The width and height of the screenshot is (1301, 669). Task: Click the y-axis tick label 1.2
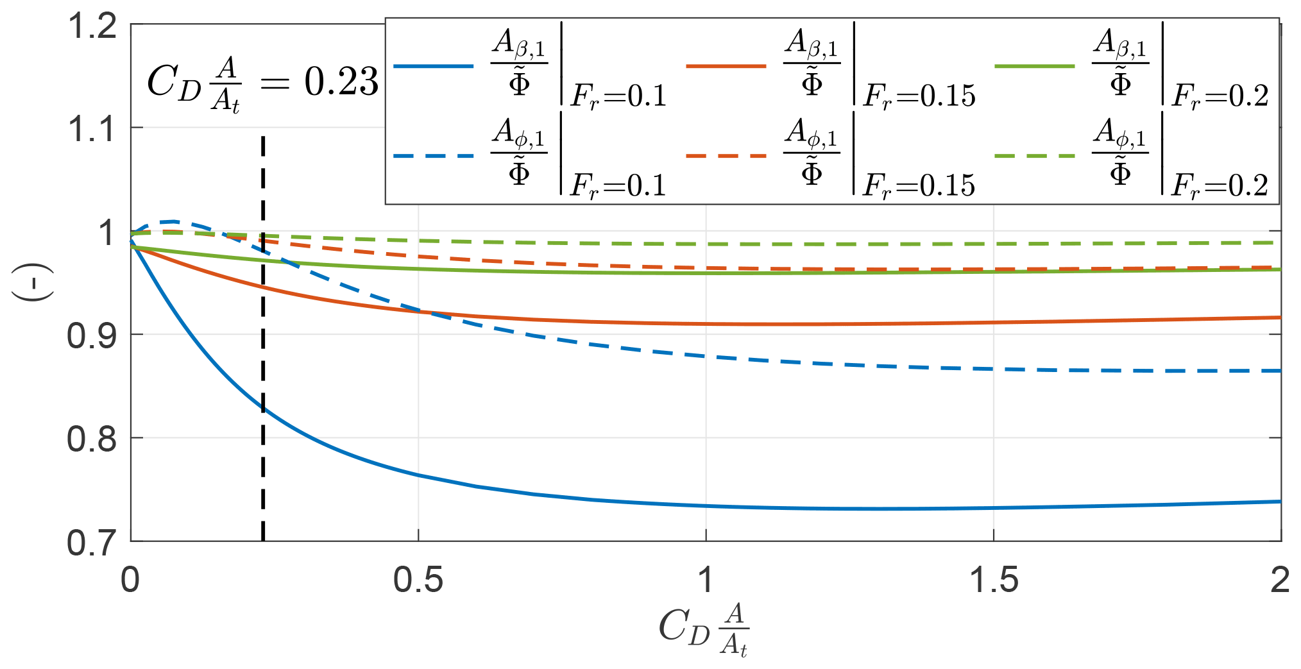pos(92,27)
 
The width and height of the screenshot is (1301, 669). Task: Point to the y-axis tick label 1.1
pos(92,130)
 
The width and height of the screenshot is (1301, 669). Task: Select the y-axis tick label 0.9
pos(92,336)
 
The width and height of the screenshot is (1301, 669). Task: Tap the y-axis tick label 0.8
pos(92,440)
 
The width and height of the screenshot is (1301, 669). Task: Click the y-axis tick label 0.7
pos(92,543)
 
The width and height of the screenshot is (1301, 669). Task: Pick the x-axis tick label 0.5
pos(418,580)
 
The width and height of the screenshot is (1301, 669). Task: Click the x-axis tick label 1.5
pos(993,580)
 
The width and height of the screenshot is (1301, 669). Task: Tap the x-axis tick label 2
pos(1280,580)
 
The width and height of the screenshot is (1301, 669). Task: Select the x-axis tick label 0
pos(130,580)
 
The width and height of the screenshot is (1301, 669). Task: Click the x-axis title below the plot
pos(704,629)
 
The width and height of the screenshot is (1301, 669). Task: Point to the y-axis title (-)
pos(32,282)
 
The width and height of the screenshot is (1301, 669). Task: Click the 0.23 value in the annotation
pos(341,82)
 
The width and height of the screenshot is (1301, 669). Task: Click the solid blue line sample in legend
pos(433,66)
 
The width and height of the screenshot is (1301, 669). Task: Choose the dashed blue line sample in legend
pos(433,156)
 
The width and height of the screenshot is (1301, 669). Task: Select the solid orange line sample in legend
pos(726,66)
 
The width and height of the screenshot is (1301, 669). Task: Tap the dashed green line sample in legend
pos(1035,156)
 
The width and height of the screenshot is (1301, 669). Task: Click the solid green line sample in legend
pos(1035,66)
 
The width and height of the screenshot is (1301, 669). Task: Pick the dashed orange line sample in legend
pos(726,156)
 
